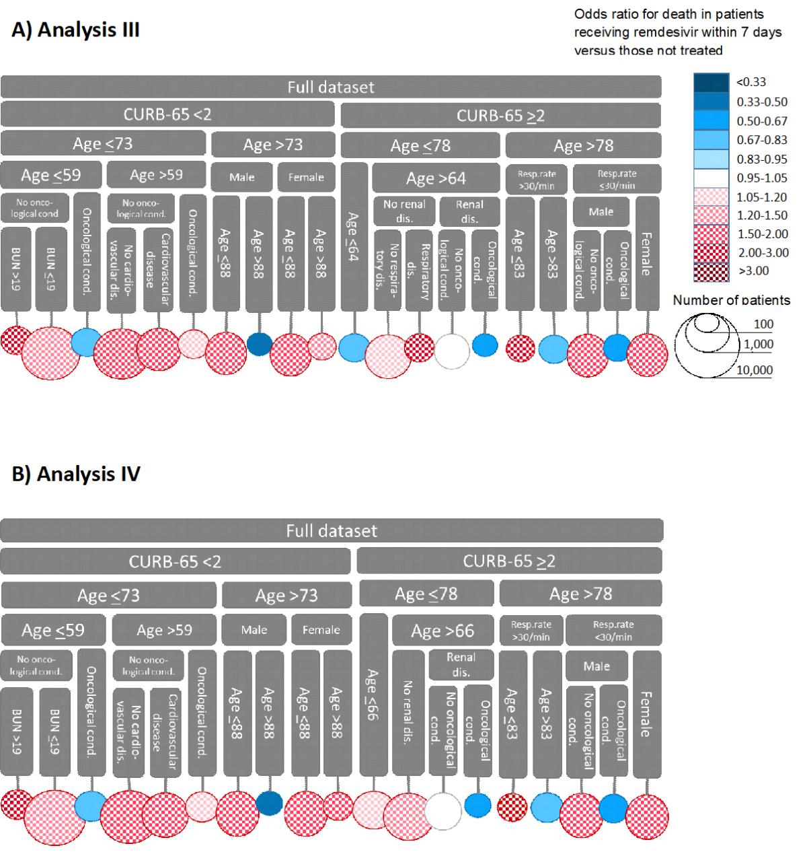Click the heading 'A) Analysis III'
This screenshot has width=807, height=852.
(75, 30)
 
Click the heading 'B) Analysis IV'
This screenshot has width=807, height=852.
(76, 474)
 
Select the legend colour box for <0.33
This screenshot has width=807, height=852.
(711, 82)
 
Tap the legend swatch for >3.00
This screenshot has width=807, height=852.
(711, 271)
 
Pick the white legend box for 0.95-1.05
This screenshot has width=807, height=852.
(711, 178)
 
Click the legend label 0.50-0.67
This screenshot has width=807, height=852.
(761, 121)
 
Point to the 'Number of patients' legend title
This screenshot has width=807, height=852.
(731, 300)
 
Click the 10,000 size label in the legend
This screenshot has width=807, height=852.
(754, 370)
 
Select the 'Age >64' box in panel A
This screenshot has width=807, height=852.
(436, 178)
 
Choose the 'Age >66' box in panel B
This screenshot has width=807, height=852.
(443, 631)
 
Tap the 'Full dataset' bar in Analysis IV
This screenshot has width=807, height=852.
(332, 530)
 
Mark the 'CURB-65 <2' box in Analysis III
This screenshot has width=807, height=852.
(167, 114)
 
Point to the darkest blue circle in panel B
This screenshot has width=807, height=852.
(270, 803)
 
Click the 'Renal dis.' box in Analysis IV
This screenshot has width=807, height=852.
(461, 664)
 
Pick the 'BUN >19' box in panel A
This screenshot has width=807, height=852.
(16, 269)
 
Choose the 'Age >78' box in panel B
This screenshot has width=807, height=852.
(580, 594)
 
